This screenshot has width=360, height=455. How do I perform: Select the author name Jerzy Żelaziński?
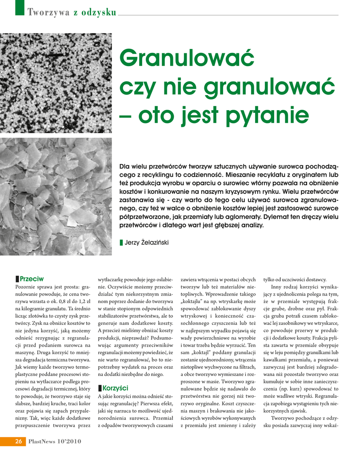tap(147, 242)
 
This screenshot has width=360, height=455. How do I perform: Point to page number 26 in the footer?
tap(19, 441)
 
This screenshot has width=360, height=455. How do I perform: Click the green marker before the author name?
tap(121, 242)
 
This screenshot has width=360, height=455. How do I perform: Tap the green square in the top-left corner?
tap(19, 8)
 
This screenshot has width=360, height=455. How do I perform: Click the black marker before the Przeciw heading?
tap(17, 279)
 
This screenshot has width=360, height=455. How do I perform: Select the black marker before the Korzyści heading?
tap(100, 388)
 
